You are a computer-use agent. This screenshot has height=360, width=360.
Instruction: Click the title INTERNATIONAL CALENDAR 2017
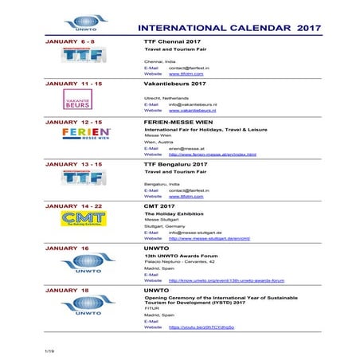[x=229, y=27]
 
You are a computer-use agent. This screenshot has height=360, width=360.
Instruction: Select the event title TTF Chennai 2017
[x=170, y=41]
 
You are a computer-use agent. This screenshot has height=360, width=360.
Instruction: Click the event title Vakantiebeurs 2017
[x=174, y=83]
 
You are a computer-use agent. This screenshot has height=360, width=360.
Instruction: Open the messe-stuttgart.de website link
[x=209, y=238]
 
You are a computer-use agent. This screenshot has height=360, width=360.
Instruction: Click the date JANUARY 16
[x=67, y=248]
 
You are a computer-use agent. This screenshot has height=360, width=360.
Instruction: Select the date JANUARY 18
[x=67, y=291]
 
